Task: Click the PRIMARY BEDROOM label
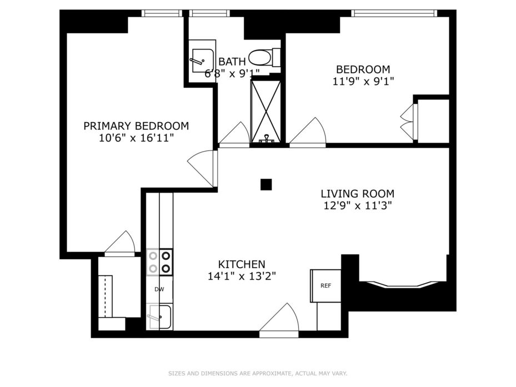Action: pos(136,126)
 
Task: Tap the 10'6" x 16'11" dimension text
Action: pos(136,138)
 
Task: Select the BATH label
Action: pos(232,62)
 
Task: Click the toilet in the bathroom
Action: pos(264,58)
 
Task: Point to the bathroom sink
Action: pos(202,61)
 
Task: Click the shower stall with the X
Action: pos(266,111)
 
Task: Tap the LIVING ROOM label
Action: pos(357,193)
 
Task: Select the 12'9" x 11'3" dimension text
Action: pos(357,205)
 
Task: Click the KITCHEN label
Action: pos(242,264)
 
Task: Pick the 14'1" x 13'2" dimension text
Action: pos(242,276)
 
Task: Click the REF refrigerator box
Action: pos(325,285)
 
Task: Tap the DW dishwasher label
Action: pos(159,290)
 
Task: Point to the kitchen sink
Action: pos(159,317)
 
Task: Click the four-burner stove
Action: pos(159,262)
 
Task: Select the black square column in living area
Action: pos(266,184)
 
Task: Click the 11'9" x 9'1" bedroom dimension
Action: pos(363,81)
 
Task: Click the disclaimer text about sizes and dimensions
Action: pos(258,374)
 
